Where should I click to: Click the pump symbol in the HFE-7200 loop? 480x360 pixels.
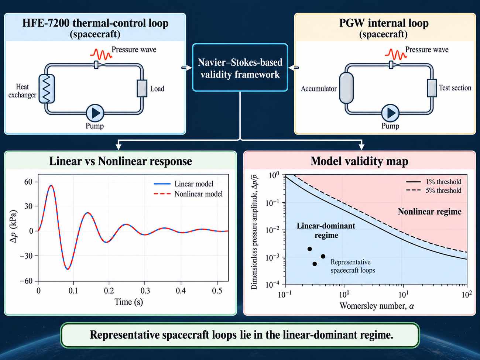coord(95,113)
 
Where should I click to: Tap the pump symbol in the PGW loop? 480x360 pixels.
coord(390,113)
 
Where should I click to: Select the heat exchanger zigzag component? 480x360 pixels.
coord(47,89)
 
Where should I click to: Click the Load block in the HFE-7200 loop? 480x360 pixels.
coord(142,88)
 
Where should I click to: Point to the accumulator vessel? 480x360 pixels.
coord(346,88)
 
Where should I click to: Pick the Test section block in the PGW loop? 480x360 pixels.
coord(432,88)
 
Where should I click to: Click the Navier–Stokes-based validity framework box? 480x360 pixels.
coord(240,67)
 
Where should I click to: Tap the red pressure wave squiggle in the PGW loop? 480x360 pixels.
coord(396,54)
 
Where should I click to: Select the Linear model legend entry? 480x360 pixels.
coord(184,184)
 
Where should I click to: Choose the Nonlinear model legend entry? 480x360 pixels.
coord(188,194)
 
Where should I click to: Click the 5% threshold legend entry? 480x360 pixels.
coord(433,191)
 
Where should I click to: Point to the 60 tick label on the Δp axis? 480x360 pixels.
coord(28,182)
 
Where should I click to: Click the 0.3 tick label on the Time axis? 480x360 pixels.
coord(145,291)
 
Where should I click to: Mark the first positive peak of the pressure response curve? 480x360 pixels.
coord(51,185)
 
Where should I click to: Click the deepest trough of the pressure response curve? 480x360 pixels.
coord(68,269)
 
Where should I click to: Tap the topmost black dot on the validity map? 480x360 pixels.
coord(310,249)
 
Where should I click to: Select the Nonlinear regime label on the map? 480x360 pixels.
coord(430,212)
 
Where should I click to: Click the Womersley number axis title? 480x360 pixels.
coord(377,306)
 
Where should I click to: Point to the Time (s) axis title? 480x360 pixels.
coord(129,302)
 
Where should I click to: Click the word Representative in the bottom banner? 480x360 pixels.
coord(125,335)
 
